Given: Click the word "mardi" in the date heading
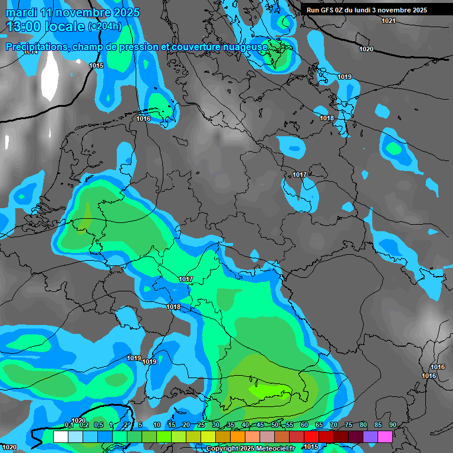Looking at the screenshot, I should coord(21,12).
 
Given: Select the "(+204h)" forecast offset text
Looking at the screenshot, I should coord(105,27).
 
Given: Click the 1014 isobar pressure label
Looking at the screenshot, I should coord(31,52).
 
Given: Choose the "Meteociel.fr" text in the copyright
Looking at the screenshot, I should coord(274,449).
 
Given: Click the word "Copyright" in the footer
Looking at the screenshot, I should coord(224,449).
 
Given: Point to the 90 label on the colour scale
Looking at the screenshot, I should coord(392,425).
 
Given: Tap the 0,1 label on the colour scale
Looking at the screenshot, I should coord(69,425).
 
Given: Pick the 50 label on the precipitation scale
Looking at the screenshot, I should coord(275,425).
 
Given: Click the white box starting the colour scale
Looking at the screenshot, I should coord(60,436).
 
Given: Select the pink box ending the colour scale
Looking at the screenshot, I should coord(385,436).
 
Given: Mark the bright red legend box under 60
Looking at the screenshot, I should coord(311,436).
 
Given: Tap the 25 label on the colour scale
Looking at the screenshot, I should coord(201,425).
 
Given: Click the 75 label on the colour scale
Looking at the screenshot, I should coord(349,425).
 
